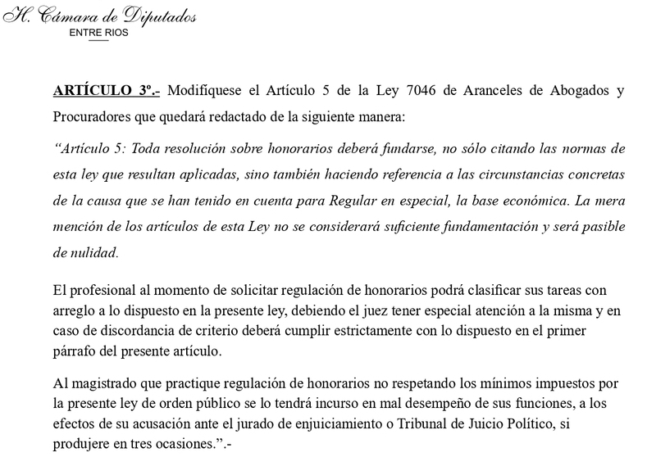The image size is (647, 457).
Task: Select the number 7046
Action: tap(408, 89)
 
